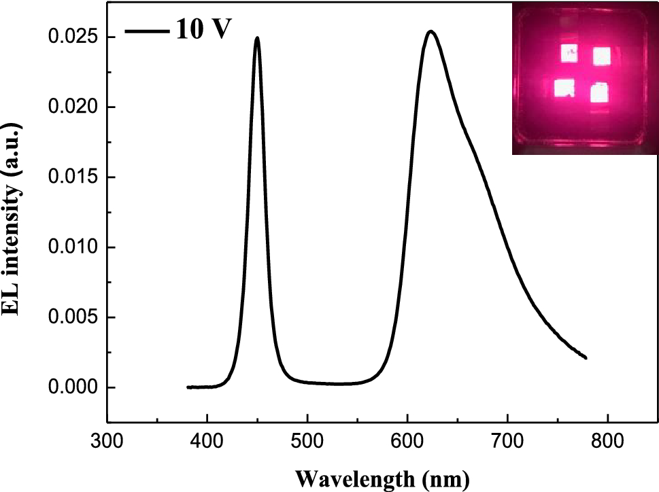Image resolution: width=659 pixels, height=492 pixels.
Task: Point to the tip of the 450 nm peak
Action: (x=257, y=38)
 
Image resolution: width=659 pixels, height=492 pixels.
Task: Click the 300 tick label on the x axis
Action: (x=107, y=441)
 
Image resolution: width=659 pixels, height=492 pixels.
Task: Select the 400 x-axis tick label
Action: (x=207, y=441)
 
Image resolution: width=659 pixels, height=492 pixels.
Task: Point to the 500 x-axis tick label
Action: (x=307, y=441)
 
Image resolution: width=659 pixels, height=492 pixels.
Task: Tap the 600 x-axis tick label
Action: (x=407, y=441)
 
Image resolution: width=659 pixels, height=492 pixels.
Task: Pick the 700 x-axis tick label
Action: (x=507, y=441)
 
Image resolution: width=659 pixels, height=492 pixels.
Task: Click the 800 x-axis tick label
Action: (x=607, y=441)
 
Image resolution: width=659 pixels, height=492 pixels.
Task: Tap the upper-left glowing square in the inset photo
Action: (x=569, y=52)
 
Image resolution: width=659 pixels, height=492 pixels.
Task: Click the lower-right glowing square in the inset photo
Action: (x=598, y=92)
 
